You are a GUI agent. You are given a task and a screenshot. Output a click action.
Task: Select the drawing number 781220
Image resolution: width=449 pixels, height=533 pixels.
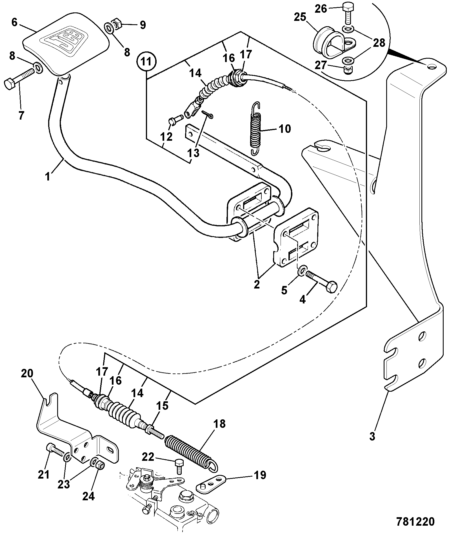415,521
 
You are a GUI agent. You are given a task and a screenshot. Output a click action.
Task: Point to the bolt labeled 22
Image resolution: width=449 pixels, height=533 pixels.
179,466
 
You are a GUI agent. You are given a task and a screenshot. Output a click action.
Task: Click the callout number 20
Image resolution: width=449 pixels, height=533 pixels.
27,374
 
